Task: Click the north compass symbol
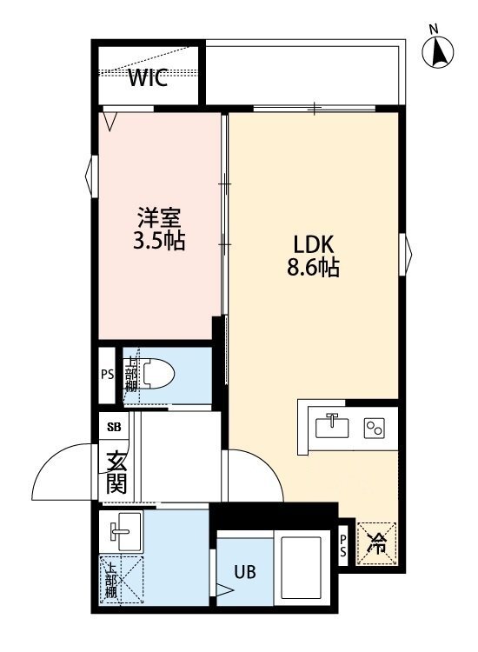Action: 439,53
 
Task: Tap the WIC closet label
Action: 149,79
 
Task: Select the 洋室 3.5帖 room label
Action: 160,229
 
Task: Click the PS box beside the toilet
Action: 108,376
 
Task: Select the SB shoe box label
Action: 114,427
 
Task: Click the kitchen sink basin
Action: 331,427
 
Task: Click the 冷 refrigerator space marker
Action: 378,544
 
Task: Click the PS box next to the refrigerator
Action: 344,544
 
